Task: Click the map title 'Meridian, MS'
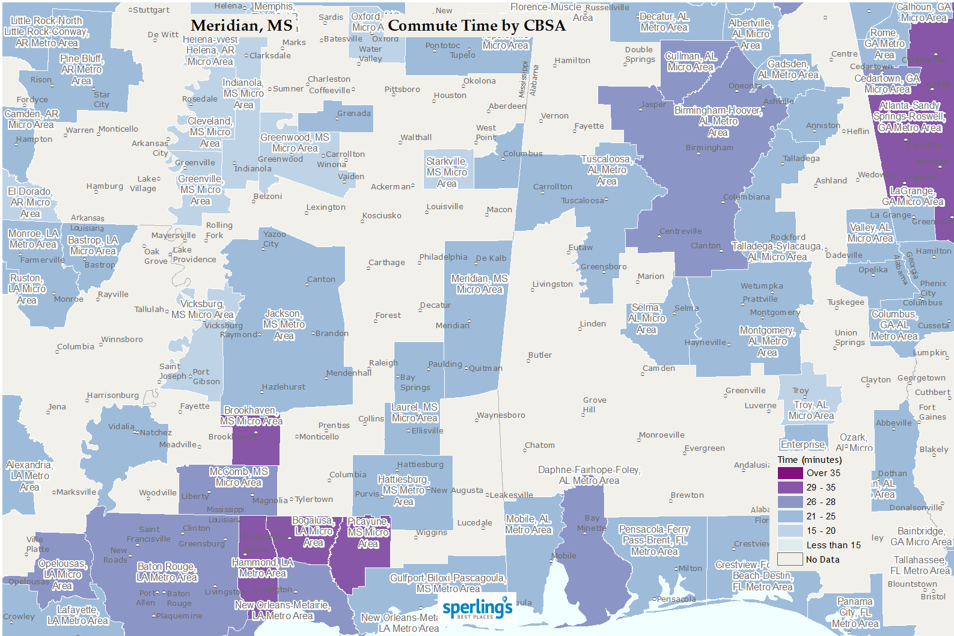coord(242,26)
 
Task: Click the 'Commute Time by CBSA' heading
coord(476,26)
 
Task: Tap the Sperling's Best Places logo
coord(477,608)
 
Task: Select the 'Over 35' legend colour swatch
coord(790,473)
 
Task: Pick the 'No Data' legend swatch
coord(790,560)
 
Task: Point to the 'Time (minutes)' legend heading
coord(809,460)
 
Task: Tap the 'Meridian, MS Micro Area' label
coord(479,284)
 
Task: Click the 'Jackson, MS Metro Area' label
coord(284,325)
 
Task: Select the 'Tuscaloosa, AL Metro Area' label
coord(607,170)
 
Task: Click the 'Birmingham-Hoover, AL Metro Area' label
coord(718,121)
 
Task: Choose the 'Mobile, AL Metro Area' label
coord(528,524)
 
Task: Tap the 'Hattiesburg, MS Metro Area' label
coord(403,491)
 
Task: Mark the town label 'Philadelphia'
coord(443,257)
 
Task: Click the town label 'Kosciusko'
coord(382,215)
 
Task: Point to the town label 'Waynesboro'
coord(501,415)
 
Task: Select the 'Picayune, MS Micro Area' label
coord(368,533)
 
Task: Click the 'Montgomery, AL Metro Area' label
coord(766,341)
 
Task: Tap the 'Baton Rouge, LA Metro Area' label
coord(167,572)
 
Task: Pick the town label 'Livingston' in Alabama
coord(552,284)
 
